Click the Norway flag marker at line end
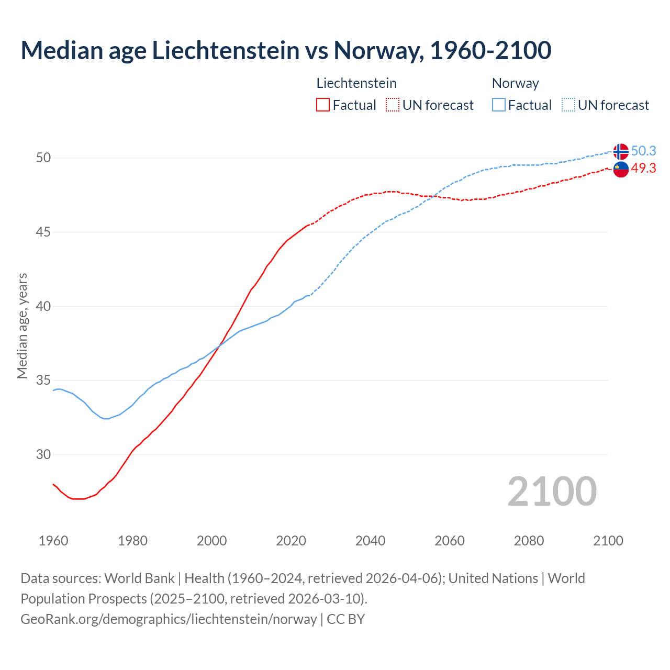click(621, 151)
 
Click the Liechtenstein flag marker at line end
click(621, 170)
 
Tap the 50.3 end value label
click(643, 151)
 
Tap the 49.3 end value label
click(643, 169)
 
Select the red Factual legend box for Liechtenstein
click(323, 105)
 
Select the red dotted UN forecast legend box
click(393, 105)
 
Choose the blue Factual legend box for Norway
click(499, 105)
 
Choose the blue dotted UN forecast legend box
click(568, 105)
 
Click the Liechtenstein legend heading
click(356, 83)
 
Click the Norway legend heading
click(515, 83)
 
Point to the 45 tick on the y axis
click(43, 232)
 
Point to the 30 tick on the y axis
click(43, 454)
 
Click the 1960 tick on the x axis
click(53, 541)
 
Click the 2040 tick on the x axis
click(370, 541)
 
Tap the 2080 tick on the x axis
click(529, 541)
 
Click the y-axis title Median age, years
click(22, 326)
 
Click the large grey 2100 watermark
click(552, 491)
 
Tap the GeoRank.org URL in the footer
click(169, 619)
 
